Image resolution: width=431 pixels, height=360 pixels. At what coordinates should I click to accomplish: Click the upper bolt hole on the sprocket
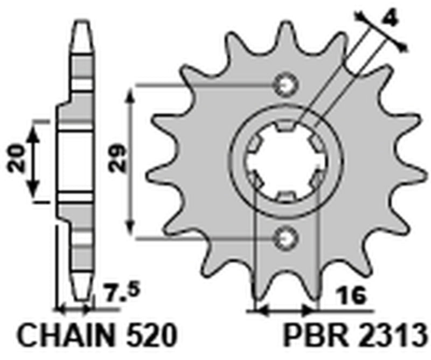285,85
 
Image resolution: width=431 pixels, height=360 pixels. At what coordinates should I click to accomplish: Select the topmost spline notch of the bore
285,127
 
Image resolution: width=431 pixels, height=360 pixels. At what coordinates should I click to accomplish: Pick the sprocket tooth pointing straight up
285,32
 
